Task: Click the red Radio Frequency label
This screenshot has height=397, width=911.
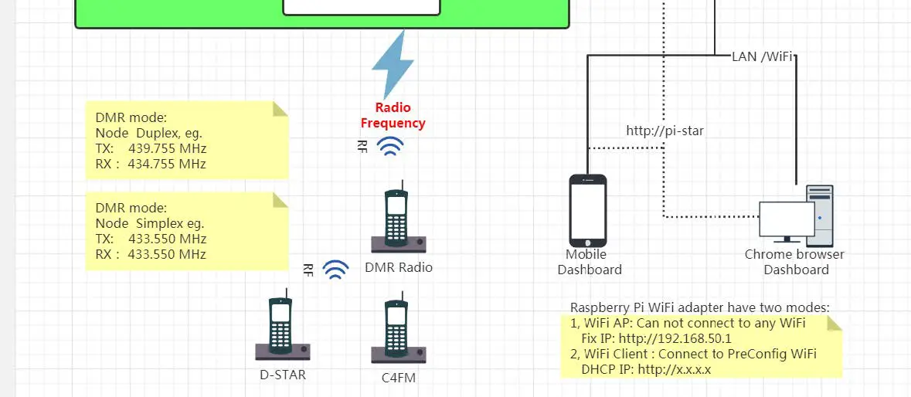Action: click(x=393, y=115)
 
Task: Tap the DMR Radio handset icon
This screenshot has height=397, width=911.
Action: click(x=398, y=220)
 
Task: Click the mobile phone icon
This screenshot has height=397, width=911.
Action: click(x=588, y=209)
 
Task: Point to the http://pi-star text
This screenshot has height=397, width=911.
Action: click(x=665, y=131)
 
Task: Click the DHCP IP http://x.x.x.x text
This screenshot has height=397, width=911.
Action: click(x=645, y=369)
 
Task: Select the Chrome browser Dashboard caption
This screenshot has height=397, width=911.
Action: click(x=795, y=262)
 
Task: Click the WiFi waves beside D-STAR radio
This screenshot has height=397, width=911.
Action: click(x=335, y=269)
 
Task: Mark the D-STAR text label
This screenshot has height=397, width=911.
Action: click(x=283, y=375)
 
